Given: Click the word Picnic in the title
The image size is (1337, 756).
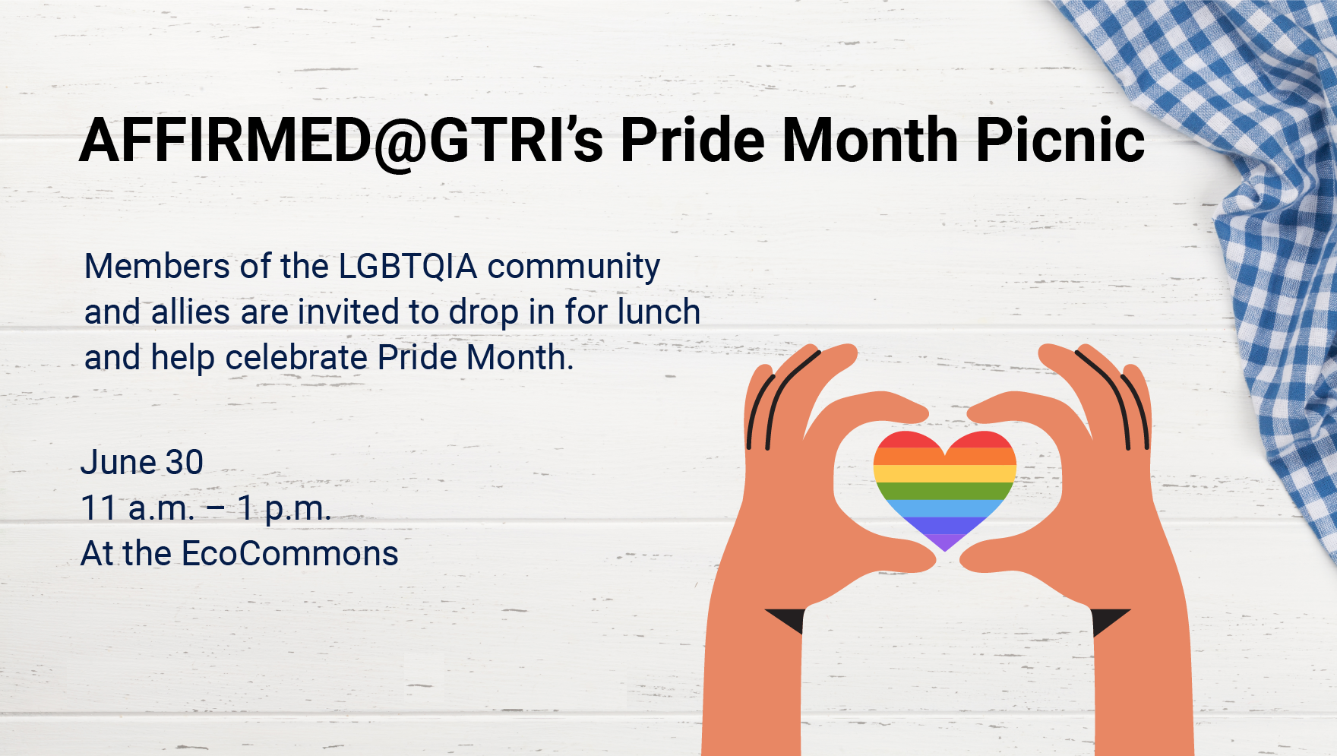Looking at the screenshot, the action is point(1060,140).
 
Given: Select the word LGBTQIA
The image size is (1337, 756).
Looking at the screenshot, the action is point(408,267).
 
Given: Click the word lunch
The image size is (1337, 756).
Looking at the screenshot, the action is point(659,312).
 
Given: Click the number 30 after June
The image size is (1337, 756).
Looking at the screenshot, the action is point(185,462).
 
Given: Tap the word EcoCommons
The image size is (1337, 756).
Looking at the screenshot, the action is point(289,553).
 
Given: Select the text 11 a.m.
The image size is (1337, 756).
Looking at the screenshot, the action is point(137,508).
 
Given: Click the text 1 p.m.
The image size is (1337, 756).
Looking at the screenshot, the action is point(284,508).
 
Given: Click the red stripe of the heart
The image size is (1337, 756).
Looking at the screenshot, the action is point(944,439).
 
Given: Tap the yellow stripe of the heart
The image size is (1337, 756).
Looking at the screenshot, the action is point(944,473).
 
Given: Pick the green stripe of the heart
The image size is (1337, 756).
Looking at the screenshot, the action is point(944,491).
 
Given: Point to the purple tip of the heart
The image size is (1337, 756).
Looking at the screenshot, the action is point(945,542).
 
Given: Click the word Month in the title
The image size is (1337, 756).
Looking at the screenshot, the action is point(870,140).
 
